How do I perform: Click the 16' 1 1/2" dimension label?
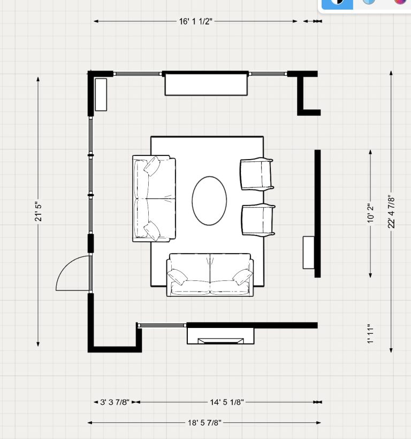click(196, 22)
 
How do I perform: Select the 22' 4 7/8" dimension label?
click(392, 212)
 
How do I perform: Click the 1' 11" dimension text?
click(370, 334)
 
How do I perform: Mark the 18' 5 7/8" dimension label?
click(204, 422)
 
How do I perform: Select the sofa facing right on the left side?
click(154, 199)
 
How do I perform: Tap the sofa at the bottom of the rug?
click(210, 275)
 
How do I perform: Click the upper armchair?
click(257, 174)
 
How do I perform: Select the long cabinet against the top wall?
click(206, 84)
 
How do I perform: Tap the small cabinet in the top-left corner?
click(101, 95)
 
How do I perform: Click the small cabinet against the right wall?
click(308, 252)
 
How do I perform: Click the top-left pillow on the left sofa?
click(151, 166)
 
